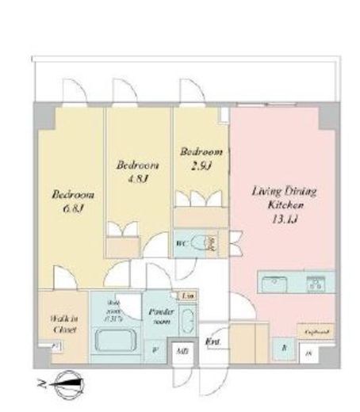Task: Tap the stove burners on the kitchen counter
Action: click(x=319, y=281)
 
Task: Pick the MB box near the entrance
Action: click(x=182, y=350)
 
